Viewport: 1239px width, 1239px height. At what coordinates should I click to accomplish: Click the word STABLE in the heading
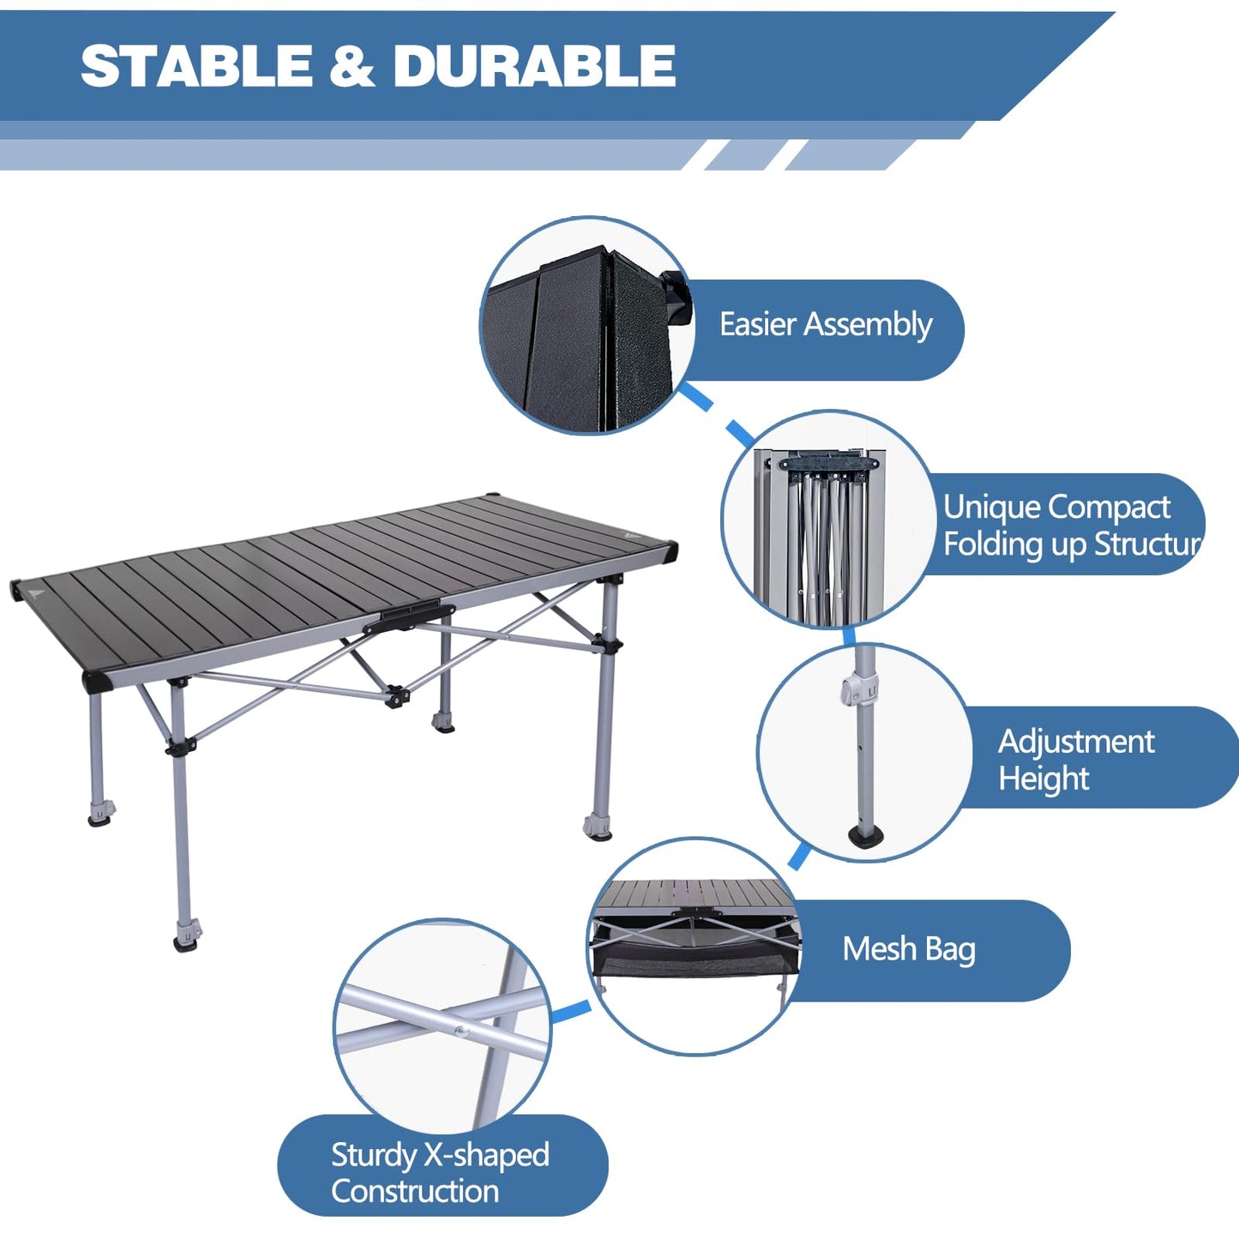tap(196, 66)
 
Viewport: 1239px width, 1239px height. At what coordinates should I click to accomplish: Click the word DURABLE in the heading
tap(534, 66)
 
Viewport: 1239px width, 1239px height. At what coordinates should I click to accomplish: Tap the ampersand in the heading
tap(352, 66)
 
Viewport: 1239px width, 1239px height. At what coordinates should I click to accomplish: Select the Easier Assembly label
tap(825, 325)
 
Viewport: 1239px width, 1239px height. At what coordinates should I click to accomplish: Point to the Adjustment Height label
tap(1077, 760)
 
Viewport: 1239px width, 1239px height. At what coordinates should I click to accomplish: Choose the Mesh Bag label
tap(909, 949)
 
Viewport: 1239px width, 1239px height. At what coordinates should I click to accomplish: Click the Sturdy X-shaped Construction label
tap(440, 1172)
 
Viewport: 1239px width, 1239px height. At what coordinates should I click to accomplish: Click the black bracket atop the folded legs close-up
tap(828, 464)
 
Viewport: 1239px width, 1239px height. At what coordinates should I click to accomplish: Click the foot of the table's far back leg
tap(443, 721)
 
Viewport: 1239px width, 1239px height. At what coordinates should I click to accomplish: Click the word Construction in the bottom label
tap(415, 1191)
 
